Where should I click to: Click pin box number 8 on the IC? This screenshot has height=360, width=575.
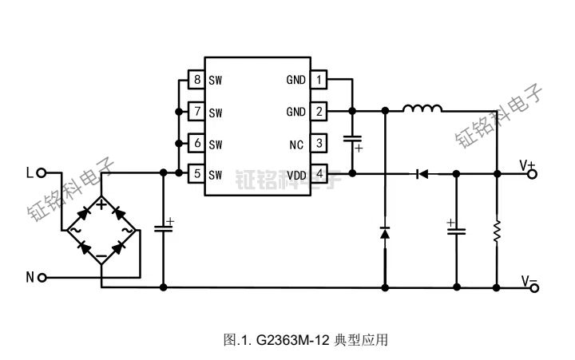[196, 80]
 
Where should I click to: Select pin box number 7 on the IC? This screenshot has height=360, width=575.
[196, 112]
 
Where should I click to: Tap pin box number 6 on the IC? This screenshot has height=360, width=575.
[196, 144]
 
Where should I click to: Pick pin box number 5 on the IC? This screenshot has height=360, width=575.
[196, 174]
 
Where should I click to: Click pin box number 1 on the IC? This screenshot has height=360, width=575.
[319, 80]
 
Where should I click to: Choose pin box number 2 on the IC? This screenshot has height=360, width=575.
[319, 112]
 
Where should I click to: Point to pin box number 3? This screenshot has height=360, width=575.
[319, 144]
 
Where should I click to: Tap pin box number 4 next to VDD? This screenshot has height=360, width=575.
[319, 174]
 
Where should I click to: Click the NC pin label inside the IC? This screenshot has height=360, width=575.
[296, 144]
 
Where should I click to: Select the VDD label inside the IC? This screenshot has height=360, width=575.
[295, 175]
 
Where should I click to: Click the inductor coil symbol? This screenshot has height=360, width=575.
[422, 110]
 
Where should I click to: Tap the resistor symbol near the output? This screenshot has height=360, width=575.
[497, 231]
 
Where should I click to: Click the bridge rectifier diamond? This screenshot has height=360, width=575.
[101, 230]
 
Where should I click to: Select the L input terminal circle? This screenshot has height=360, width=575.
[42, 172]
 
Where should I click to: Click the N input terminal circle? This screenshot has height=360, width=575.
[42, 277]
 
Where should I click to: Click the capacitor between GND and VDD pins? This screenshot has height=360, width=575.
[351, 141]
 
